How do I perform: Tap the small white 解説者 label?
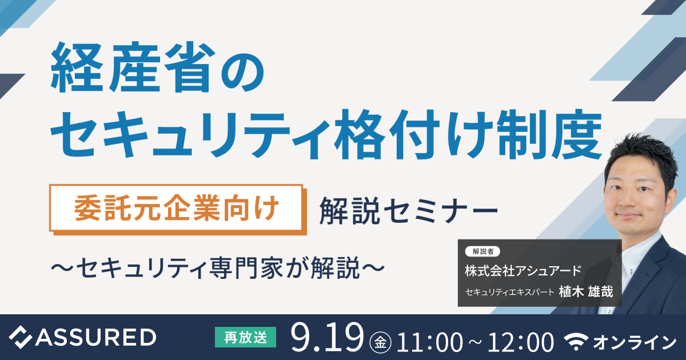tap(483, 251)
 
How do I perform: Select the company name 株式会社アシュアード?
tap(523, 270)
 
